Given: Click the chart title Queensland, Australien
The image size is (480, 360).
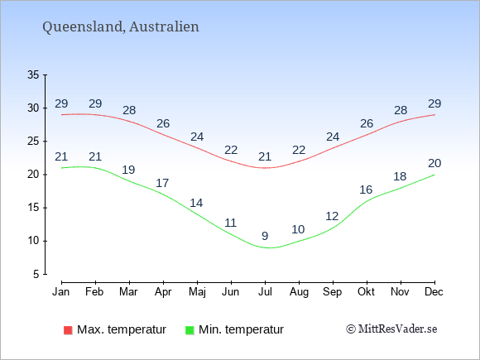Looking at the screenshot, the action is [x=121, y=26].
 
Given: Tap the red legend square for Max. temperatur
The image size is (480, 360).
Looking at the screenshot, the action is [x=68, y=330].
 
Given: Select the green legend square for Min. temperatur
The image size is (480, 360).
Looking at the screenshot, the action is [x=190, y=330].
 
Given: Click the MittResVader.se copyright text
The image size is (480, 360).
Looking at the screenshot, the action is [x=391, y=329].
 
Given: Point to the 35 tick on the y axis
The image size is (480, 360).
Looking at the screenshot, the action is [x=33, y=74].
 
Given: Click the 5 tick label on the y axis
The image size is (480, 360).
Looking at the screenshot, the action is [x=36, y=274].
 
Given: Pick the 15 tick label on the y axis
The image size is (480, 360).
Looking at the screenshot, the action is [x=33, y=208].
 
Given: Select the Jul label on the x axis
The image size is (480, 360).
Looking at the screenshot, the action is [x=265, y=292].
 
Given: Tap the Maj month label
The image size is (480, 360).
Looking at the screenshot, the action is [x=197, y=292].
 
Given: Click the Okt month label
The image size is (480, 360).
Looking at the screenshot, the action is [x=366, y=292].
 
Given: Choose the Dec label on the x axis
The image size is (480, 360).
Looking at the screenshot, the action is [x=434, y=292].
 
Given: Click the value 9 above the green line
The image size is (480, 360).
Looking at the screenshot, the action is [x=265, y=236].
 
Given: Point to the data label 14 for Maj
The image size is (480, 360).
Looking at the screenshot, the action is [x=196, y=203].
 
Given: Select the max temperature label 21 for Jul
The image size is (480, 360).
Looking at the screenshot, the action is [x=265, y=156].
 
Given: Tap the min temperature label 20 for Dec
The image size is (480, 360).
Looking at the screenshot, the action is [x=434, y=164].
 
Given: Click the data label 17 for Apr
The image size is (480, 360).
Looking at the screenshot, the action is [x=162, y=183].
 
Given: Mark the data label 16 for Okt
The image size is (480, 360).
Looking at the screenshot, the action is [x=366, y=190].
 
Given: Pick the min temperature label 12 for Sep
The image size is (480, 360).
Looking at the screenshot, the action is [x=332, y=217].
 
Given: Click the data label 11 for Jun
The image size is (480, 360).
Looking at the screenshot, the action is [x=231, y=223].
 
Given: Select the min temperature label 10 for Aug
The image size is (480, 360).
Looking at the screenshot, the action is [x=298, y=229].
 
